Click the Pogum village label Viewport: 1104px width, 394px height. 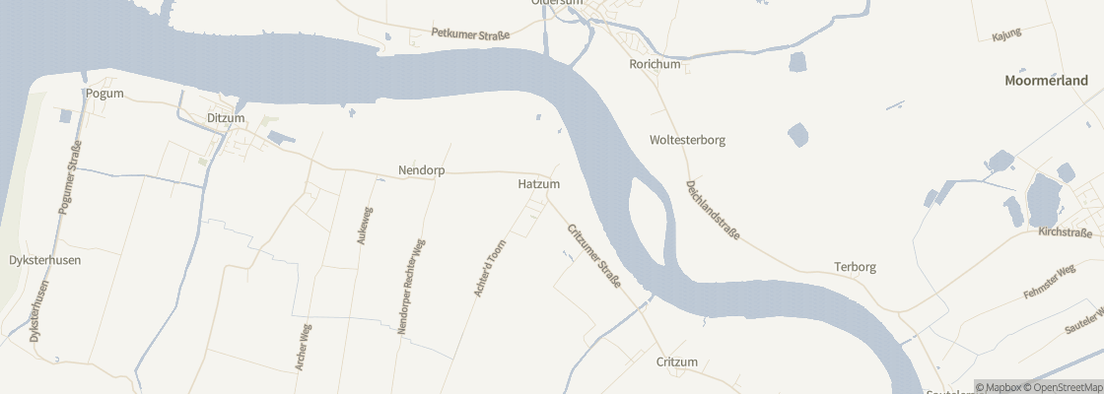point(104,94)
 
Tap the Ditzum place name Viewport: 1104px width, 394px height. point(226,118)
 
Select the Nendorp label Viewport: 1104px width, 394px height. point(421,170)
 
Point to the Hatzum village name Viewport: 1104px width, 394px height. point(538,184)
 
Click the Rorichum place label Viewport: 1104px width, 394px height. point(655,64)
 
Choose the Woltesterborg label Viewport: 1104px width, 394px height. point(687,140)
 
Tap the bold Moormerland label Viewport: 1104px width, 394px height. point(1046,81)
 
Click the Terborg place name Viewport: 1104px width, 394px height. point(855,267)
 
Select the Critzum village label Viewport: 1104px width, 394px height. point(676,362)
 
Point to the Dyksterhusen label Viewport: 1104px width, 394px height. point(44,260)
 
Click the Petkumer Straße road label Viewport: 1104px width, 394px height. point(470,34)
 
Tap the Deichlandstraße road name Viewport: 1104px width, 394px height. point(713,210)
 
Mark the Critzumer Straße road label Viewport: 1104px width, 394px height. point(593,256)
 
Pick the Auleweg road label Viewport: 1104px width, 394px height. point(365,226)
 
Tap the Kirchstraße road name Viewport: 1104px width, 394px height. point(1065,233)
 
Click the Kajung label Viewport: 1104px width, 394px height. point(1005,34)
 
